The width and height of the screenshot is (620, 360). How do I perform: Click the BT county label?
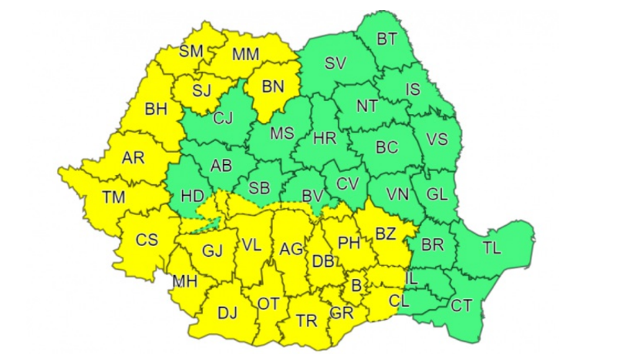(x=386, y=39)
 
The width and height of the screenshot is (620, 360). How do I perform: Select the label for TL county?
(x=492, y=249)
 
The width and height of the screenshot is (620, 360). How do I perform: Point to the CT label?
(x=461, y=306)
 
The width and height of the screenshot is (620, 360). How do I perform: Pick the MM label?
(x=245, y=55)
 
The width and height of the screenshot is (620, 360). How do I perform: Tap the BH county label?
(x=156, y=110)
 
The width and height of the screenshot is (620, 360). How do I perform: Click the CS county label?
(x=147, y=240)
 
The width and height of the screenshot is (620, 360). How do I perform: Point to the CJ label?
(x=223, y=118)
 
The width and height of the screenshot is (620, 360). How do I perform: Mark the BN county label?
(x=273, y=86)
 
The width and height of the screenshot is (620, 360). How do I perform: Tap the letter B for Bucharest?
(x=356, y=286)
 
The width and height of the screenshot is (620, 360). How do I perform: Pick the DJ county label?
(x=227, y=312)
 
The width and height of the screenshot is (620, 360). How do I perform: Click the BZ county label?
(x=385, y=232)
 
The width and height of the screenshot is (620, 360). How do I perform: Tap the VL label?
(x=251, y=245)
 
